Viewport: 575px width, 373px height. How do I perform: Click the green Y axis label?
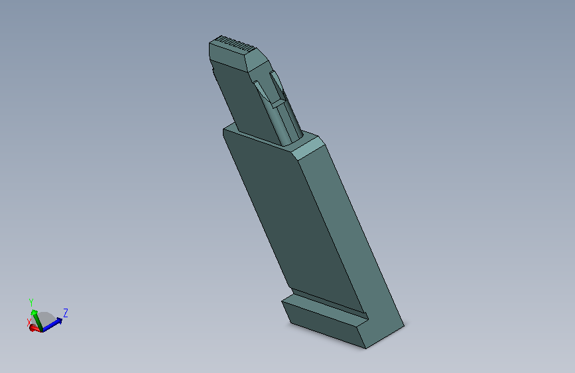pos(31,303)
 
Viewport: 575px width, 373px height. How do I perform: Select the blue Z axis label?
pos(66,313)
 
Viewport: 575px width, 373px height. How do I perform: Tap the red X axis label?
pos(29,323)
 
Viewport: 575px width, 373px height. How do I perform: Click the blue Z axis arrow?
pos(52,325)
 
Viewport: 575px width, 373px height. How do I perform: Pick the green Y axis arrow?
pos(36,320)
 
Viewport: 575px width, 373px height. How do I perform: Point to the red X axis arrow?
pos(35,329)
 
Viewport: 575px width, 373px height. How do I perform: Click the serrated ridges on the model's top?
pos(234,43)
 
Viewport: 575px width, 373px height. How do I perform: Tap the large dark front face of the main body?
pos(290,216)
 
